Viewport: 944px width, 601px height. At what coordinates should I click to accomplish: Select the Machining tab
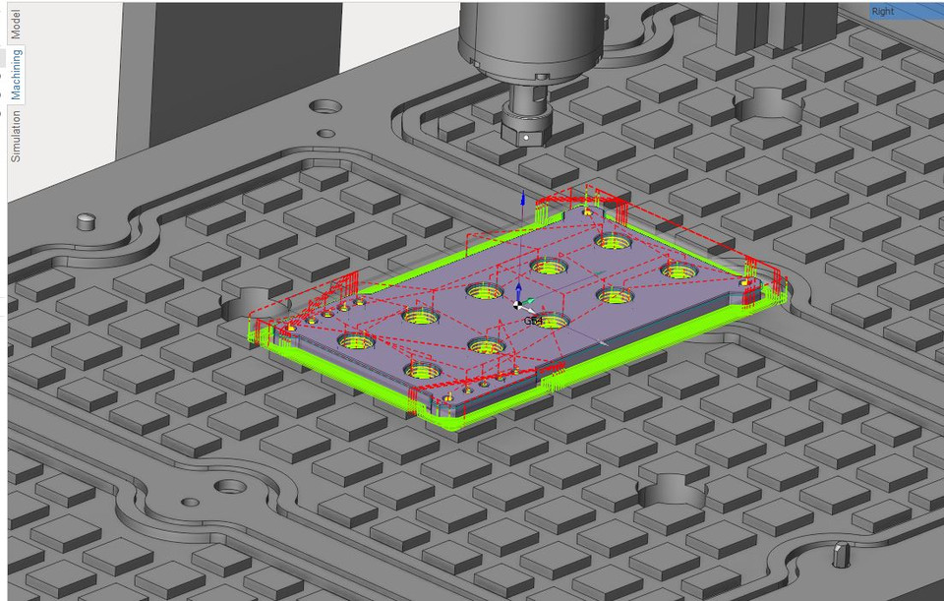pyautogui.click(x=16, y=74)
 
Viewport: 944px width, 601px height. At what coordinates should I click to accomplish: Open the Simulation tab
pyautogui.click(x=15, y=136)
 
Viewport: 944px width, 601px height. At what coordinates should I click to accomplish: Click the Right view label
pyautogui.click(x=883, y=12)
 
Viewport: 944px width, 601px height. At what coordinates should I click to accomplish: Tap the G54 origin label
pyautogui.click(x=531, y=321)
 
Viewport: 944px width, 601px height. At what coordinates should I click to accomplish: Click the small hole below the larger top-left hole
pyautogui.click(x=324, y=133)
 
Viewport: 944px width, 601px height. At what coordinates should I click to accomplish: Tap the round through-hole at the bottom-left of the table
pyautogui.click(x=229, y=487)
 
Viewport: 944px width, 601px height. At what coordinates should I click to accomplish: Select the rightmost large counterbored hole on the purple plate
pyautogui.click(x=678, y=270)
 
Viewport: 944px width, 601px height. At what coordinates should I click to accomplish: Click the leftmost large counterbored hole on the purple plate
pyautogui.click(x=356, y=341)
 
